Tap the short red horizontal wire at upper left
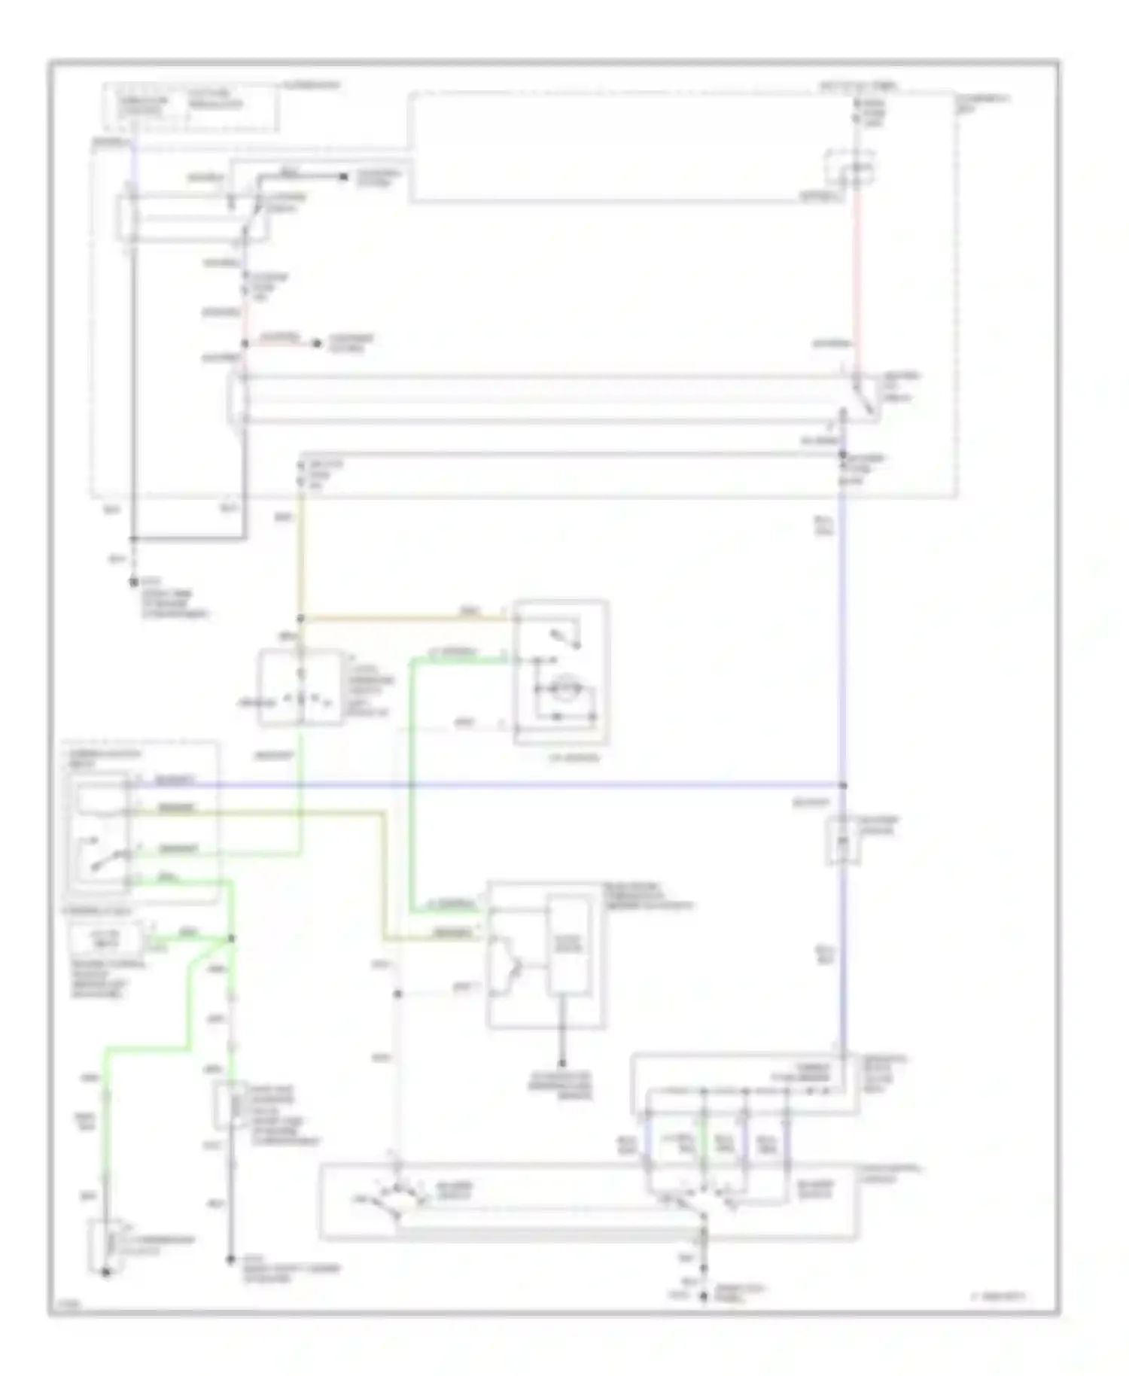coord(280,344)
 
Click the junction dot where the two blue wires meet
coord(843,785)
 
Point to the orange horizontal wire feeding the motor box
coord(406,618)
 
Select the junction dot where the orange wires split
coord(300,619)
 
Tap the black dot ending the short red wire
coord(317,344)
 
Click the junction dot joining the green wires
coord(232,939)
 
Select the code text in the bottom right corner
coord(997,1296)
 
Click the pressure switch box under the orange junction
coord(300,688)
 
